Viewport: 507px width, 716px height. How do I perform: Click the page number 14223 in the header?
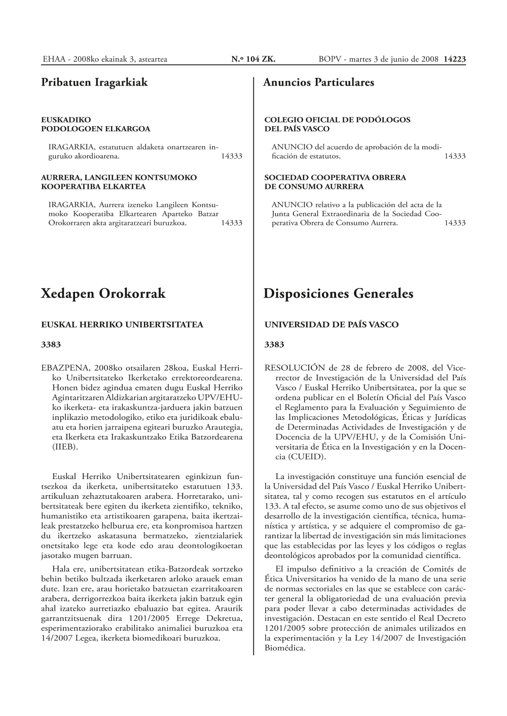coord(454,59)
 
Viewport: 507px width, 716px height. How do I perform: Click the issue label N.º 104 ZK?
coord(253,59)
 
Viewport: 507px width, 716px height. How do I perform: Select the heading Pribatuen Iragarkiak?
coord(94,82)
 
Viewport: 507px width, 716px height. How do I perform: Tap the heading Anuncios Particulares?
coord(319,82)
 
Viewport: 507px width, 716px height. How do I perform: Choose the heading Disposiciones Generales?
coord(339,293)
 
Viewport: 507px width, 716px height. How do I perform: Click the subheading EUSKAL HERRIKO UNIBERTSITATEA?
coord(122,325)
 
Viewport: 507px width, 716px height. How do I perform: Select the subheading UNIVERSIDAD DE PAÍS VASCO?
coord(332,325)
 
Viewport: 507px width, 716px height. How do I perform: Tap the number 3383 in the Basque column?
coord(51,345)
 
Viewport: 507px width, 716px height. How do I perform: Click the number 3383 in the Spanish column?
coord(275,345)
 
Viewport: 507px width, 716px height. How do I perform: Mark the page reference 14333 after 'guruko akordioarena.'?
coord(232,156)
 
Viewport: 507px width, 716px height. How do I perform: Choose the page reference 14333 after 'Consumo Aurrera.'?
coord(455,223)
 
